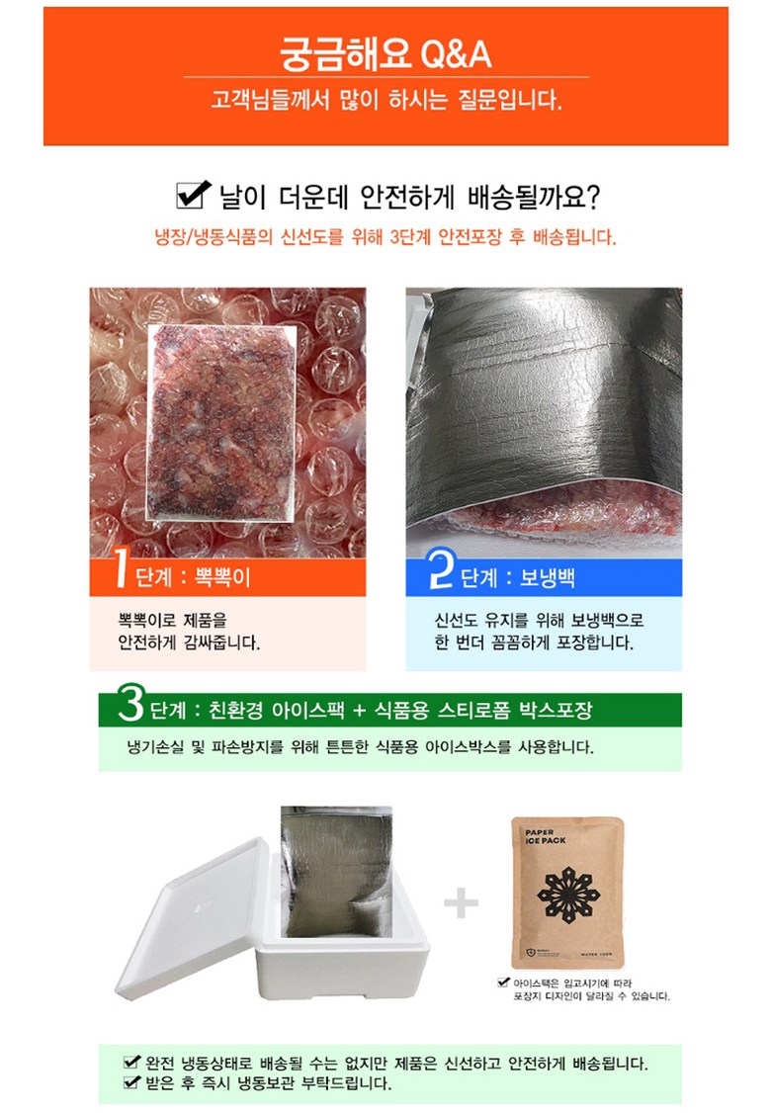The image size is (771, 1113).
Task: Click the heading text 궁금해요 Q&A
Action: pos(385,53)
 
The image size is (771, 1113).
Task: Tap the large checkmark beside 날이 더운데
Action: pos(193,194)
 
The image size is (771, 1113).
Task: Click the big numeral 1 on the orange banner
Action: pos(122,569)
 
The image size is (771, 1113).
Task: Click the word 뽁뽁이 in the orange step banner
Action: pos(222,577)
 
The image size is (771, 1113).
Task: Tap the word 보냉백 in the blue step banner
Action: pos(547,577)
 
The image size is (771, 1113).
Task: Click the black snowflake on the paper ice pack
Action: pos(568,894)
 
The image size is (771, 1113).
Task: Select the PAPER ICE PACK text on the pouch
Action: pos(546,836)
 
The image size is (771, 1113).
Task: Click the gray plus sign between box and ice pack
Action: pos(461,902)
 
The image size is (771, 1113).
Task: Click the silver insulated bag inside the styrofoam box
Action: pos(336,873)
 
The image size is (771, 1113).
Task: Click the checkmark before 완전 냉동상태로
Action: pos(132,1062)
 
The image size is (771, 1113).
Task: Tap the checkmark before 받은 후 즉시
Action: pos(132,1081)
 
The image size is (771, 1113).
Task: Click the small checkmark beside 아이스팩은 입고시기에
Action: pos(504,983)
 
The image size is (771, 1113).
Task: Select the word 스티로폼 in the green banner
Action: pos(473,710)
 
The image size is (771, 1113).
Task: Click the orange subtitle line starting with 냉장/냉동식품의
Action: pos(385,236)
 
